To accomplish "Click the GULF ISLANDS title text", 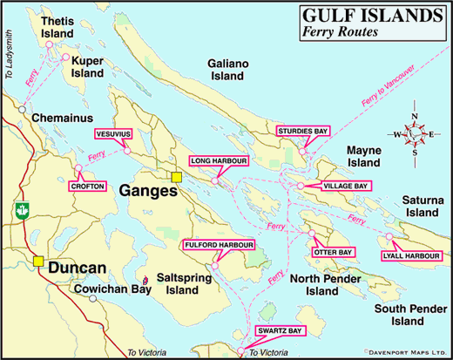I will pyautogui.click(x=372, y=16).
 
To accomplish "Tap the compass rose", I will pyautogui.click(x=415, y=135).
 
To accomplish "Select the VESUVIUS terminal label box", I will pyautogui.click(x=113, y=134).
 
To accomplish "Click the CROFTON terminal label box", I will pyautogui.click(x=86, y=186).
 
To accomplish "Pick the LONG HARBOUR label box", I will pyautogui.click(x=219, y=161).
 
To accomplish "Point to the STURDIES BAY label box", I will pyautogui.click(x=300, y=132).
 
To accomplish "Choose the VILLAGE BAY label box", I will pyautogui.click(x=346, y=187).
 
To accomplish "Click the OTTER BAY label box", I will pyautogui.click(x=333, y=253).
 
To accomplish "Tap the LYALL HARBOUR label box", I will pyautogui.click(x=409, y=255).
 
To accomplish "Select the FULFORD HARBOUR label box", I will pyautogui.click(x=218, y=246).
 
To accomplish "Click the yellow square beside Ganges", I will pyautogui.click(x=176, y=178).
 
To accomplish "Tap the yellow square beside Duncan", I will pyautogui.click(x=38, y=261).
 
